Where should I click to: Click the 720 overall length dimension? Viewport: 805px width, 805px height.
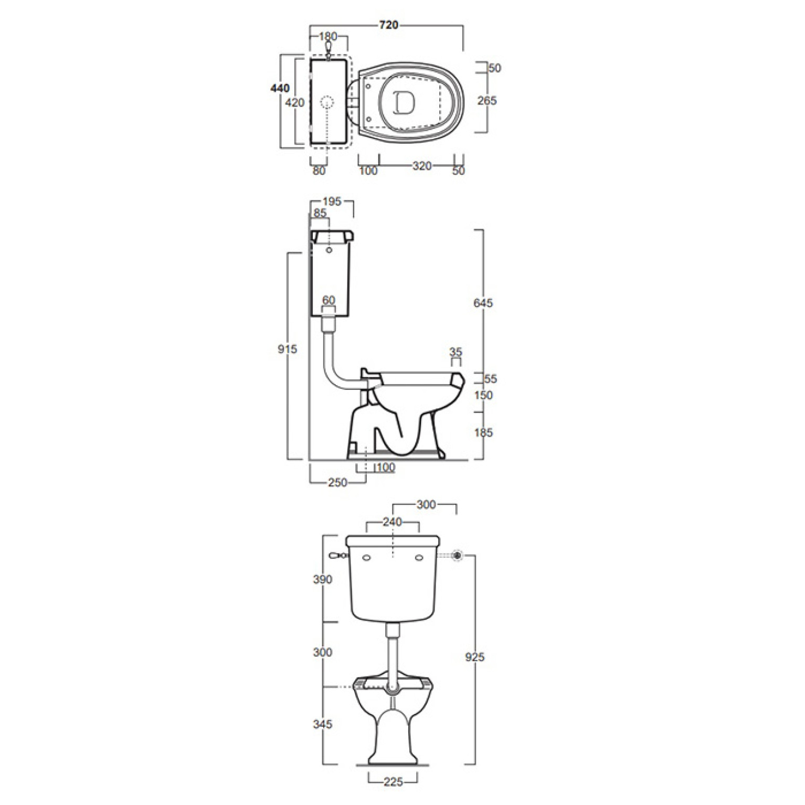click(x=388, y=25)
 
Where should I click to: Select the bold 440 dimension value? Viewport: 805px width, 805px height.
click(x=280, y=89)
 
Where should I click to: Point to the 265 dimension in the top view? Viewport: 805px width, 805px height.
click(x=487, y=100)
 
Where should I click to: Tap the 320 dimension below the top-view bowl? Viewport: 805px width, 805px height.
click(x=422, y=166)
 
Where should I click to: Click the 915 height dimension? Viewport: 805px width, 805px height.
click(x=288, y=348)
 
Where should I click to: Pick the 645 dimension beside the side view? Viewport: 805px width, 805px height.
click(x=483, y=303)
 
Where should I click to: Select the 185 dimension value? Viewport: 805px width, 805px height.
click(x=483, y=432)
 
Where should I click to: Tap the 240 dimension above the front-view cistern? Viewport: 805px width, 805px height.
click(x=392, y=522)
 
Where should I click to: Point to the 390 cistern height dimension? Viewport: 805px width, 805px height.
click(x=323, y=579)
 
